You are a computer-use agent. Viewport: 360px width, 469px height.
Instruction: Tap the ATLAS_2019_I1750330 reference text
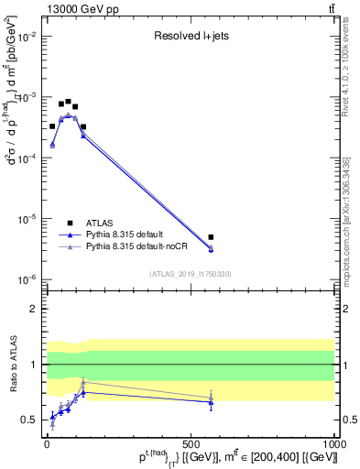[191, 273]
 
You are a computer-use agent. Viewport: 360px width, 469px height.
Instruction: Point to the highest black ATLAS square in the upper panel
[69, 102]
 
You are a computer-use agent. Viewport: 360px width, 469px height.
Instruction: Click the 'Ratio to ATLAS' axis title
[12, 364]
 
